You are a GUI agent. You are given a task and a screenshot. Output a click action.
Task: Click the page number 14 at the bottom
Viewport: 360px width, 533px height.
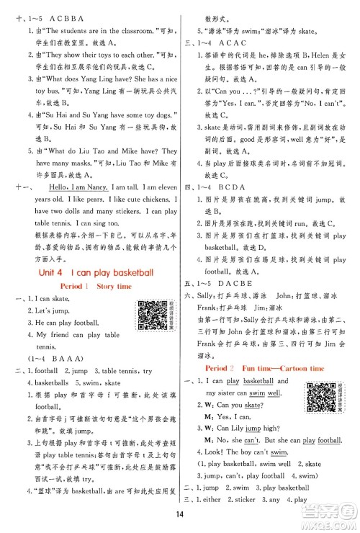(x=179, y=514)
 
